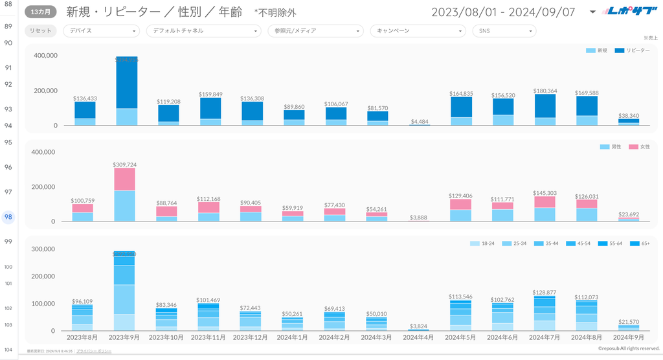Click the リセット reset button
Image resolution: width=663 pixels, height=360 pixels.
(41, 30)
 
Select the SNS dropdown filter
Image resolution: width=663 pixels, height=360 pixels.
(504, 30)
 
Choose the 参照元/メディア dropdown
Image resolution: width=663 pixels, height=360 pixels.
(315, 30)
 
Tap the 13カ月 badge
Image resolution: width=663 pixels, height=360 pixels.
(41, 12)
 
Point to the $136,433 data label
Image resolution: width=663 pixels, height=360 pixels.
(85, 98)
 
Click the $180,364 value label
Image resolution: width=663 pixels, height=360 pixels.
(546, 91)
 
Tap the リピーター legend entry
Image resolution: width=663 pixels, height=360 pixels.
(632, 51)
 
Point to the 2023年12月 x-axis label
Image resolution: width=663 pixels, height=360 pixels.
(251, 337)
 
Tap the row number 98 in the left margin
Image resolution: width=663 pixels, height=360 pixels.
(8, 218)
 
